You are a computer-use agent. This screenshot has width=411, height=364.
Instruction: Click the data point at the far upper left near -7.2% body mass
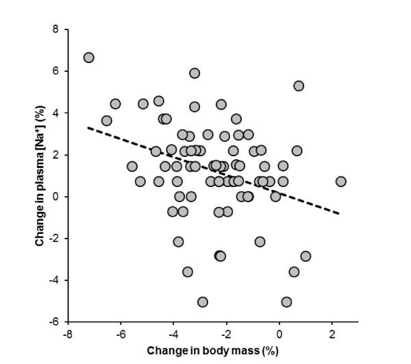point(88,58)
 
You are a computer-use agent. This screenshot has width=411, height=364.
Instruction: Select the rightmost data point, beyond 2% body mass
point(340,182)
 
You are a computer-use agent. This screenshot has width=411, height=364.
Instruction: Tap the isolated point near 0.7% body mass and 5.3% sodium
point(299,86)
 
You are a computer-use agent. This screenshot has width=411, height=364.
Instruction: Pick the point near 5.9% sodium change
point(195,73)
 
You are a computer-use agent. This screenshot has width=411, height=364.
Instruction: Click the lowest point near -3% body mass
point(203,302)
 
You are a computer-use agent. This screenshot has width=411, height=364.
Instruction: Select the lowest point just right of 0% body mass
point(286,302)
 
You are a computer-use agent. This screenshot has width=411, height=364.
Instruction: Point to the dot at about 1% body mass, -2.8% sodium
point(306,256)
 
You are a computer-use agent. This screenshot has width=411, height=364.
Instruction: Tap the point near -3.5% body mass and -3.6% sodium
point(188,271)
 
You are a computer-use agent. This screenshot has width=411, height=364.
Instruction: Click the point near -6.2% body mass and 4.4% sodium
point(115,104)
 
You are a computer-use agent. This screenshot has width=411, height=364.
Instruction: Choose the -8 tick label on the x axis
point(67,334)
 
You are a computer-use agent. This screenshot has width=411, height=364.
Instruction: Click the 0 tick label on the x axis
point(279,334)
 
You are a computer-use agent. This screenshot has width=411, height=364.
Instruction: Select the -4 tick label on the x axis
point(173,334)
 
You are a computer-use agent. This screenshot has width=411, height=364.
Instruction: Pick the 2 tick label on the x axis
point(333,334)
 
